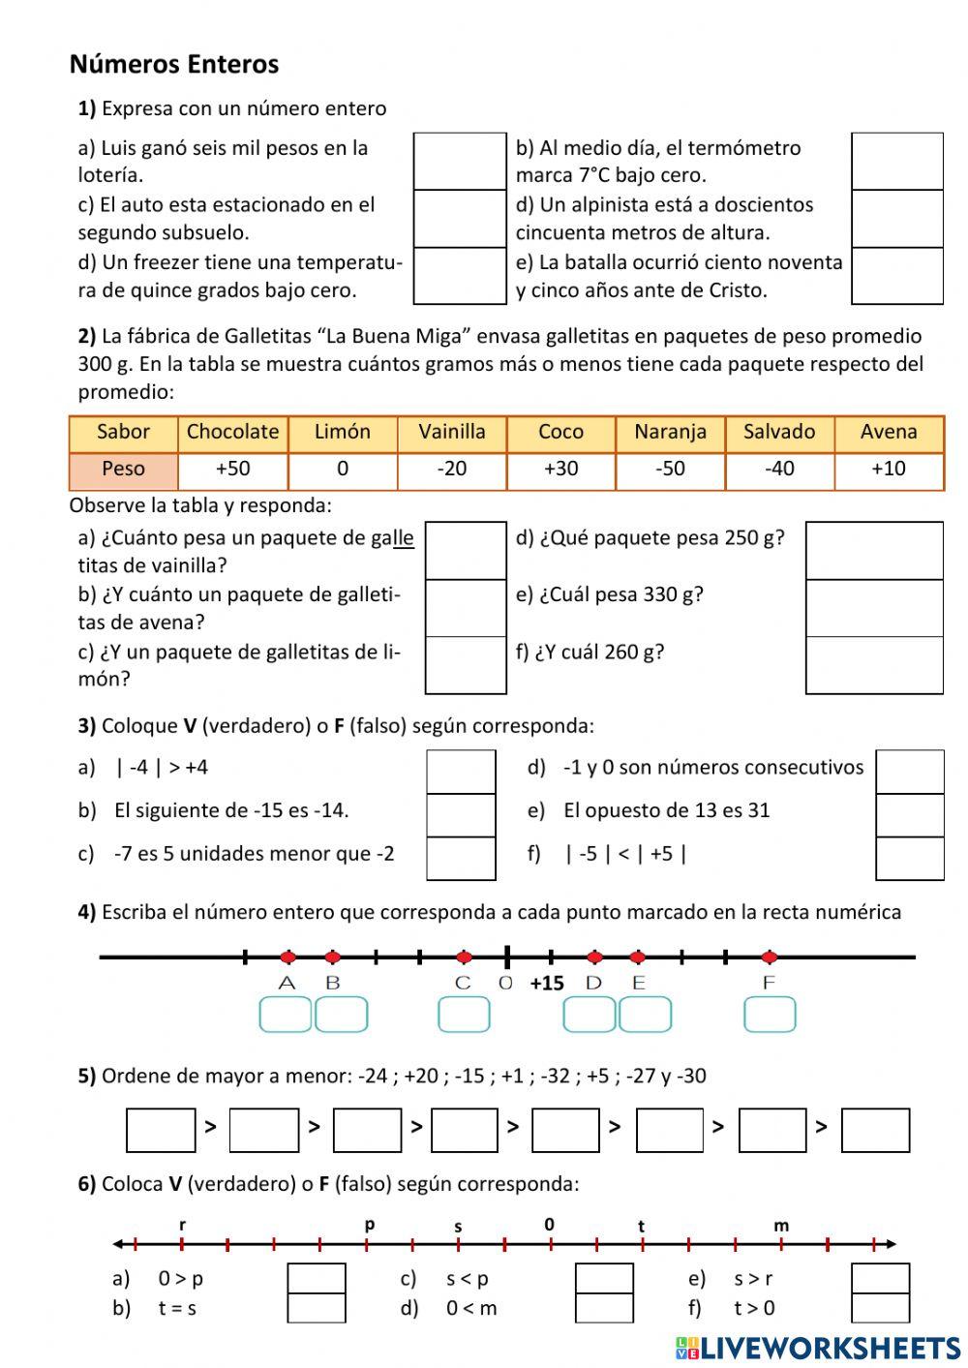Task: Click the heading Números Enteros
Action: [x=174, y=65]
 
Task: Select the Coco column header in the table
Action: [x=560, y=432]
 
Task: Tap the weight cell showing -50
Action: [x=670, y=470]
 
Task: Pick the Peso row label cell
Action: [x=123, y=470]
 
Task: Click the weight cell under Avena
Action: [x=889, y=470]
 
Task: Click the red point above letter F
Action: [x=769, y=958]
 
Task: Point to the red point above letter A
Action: [x=287, y=958]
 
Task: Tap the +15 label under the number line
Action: [x=547, y=984]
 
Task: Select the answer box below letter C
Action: [x=464, y=1015]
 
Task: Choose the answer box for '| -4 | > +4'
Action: [x=461, y=772]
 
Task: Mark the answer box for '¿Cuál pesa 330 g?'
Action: [x=874, y=608]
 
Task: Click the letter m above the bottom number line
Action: [x=781, y=1226]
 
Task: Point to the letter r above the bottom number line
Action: [x=182, y=1225]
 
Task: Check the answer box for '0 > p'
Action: [x=317, y=1278]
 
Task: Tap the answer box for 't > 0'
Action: [x=880, y=1308]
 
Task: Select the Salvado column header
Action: [x=779, y=432]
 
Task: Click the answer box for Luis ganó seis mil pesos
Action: [x=460, y=161]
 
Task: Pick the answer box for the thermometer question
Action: [x=897, y=161]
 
